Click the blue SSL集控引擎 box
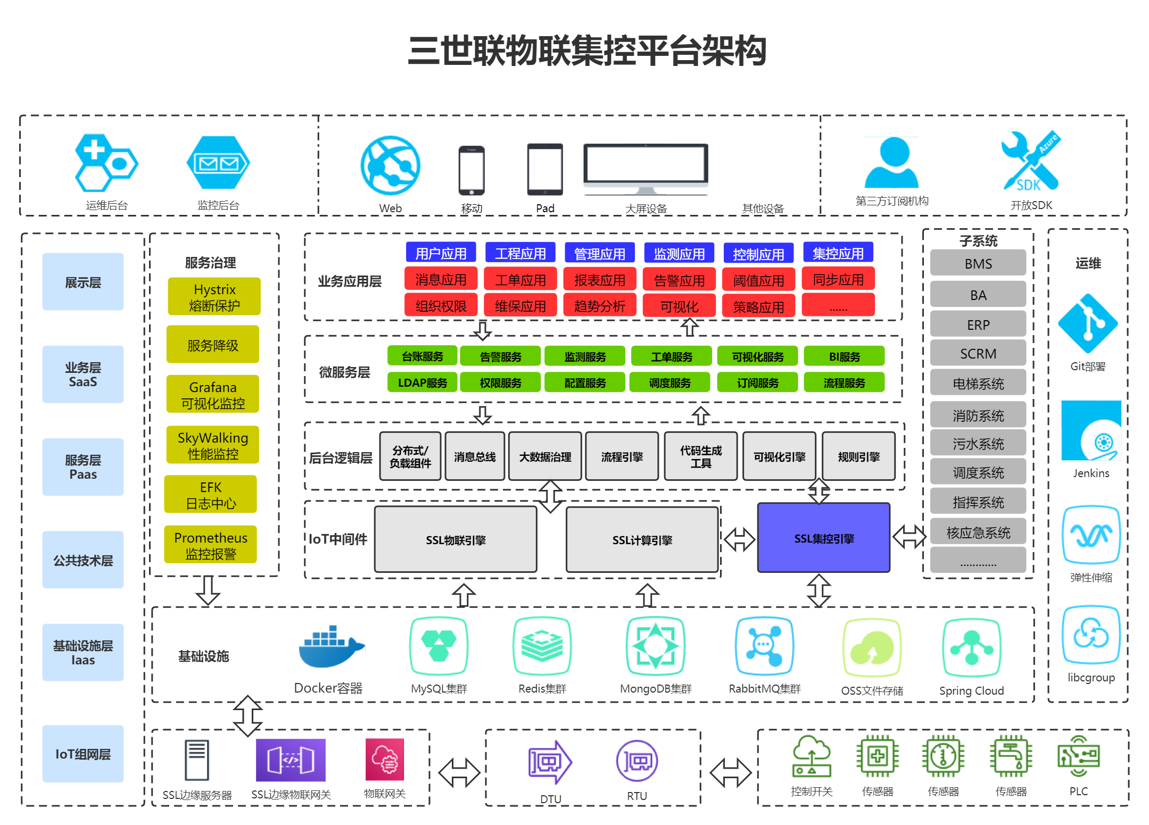point(823,538)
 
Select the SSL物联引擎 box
point(456,539)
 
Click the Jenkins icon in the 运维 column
point(1091,430)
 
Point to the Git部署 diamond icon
point(1087,323)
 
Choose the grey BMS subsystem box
point(978,263)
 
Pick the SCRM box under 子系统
point(978,353)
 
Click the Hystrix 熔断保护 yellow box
point(214,297)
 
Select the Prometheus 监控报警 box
point(211,545)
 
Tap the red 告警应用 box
point(679,280)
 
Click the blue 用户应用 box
point(441,253)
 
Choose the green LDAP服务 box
point(422,382)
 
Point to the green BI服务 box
point(844,356)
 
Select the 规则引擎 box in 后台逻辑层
point(858,456)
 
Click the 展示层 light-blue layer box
point(83,282)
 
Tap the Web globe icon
point(390,165)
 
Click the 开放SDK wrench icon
point(1030,161)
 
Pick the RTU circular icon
point(637,761)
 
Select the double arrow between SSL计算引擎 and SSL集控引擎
point(739,539)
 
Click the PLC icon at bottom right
point(1078,756)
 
